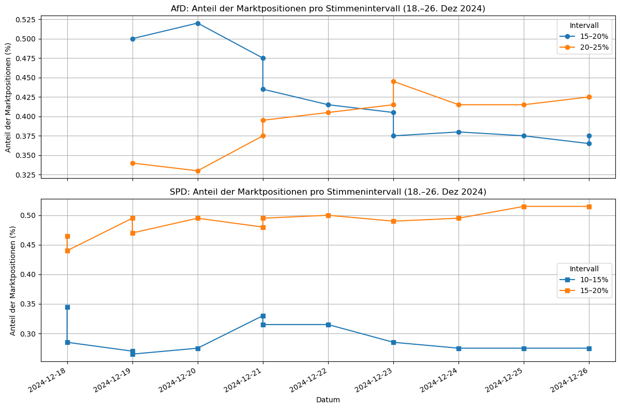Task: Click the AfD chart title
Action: coord(328,9)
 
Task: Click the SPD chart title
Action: coord(328,192)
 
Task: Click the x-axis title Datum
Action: coord(328,400)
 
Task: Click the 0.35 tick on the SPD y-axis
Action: coord(28,304)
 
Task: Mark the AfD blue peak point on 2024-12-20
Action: coord(198,23)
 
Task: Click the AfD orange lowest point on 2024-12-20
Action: coord(198,171)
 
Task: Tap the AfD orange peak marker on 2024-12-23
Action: coord(393,81)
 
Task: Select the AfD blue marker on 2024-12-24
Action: coord(459,132)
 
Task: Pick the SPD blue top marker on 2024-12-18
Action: coord(67,307)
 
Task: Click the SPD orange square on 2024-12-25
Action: coord(524,207)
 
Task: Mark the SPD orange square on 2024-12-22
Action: coord(328,215)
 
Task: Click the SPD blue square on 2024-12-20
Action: coord(198,348)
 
